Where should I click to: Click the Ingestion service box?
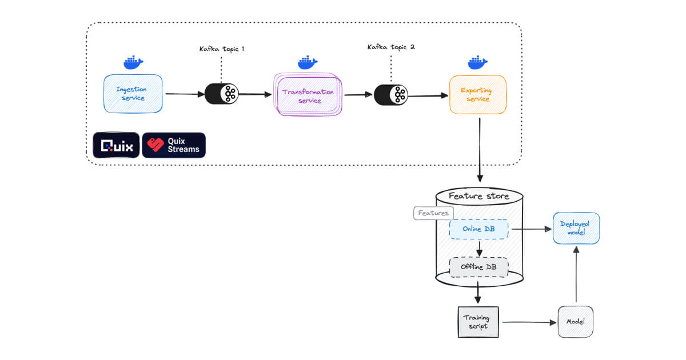click(x=132, y=93)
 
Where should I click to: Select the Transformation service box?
click(x=308, y=95)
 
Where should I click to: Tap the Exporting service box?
click(x=478, y=94)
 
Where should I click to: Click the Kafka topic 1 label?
click(x=221, y=49)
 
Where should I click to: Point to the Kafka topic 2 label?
click(x=391, y=47)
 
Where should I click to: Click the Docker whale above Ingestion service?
click(x=133, y=61)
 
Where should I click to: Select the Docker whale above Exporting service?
click(x=477, y=61)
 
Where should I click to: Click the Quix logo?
click(x=116, y=145)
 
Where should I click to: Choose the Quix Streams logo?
click(x=174, y=145)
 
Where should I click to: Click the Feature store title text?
click(x=478, y=197)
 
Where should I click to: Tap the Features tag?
click(x=433, y=213)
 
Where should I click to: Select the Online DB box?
click(x=478, y=229)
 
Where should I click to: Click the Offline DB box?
click(x=478, y=267)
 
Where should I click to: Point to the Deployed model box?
click(x=576, y=228)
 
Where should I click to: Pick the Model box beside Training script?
click(x=575, y=322)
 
